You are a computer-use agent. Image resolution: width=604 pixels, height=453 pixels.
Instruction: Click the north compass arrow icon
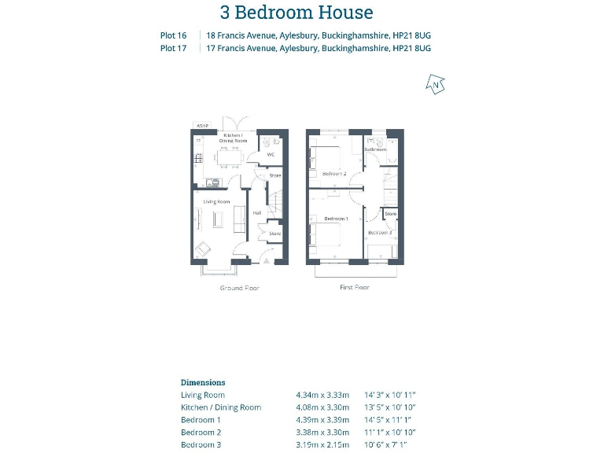pos(435,84)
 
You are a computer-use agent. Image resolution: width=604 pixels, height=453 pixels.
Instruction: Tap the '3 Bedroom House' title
pos(296,13)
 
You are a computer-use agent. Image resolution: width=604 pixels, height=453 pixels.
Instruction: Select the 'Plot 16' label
pos(173,35)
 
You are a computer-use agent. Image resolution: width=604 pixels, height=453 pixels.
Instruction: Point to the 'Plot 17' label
pos(173,48)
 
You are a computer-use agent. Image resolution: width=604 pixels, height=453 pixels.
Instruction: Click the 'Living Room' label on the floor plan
pos(217,202)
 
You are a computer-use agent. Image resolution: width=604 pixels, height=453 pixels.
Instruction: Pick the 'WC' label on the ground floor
pos(270,154)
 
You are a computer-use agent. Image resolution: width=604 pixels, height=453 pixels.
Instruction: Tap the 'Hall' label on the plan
pos(256,213)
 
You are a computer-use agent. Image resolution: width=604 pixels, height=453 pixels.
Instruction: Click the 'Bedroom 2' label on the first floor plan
pos(334,173)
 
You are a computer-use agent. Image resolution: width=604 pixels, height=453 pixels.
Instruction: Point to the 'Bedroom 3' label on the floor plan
pos(379,233)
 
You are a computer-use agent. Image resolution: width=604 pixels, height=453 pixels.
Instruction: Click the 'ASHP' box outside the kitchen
pos(203,126)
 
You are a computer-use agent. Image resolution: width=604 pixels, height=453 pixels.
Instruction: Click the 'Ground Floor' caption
pos(240,289)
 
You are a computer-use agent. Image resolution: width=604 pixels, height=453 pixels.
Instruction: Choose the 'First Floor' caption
pos(355,288)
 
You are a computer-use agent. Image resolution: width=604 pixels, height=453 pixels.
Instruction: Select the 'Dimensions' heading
pos(203,382)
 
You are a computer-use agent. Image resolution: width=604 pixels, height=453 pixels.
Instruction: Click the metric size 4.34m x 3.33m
pos(321,395)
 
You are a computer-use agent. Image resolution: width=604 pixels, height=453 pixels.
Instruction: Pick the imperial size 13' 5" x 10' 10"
pos(390,407)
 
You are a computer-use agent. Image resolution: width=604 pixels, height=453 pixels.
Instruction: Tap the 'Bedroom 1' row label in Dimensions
pos(201,420)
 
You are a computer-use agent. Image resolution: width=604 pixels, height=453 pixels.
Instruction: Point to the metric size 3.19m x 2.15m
pos(321,445)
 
